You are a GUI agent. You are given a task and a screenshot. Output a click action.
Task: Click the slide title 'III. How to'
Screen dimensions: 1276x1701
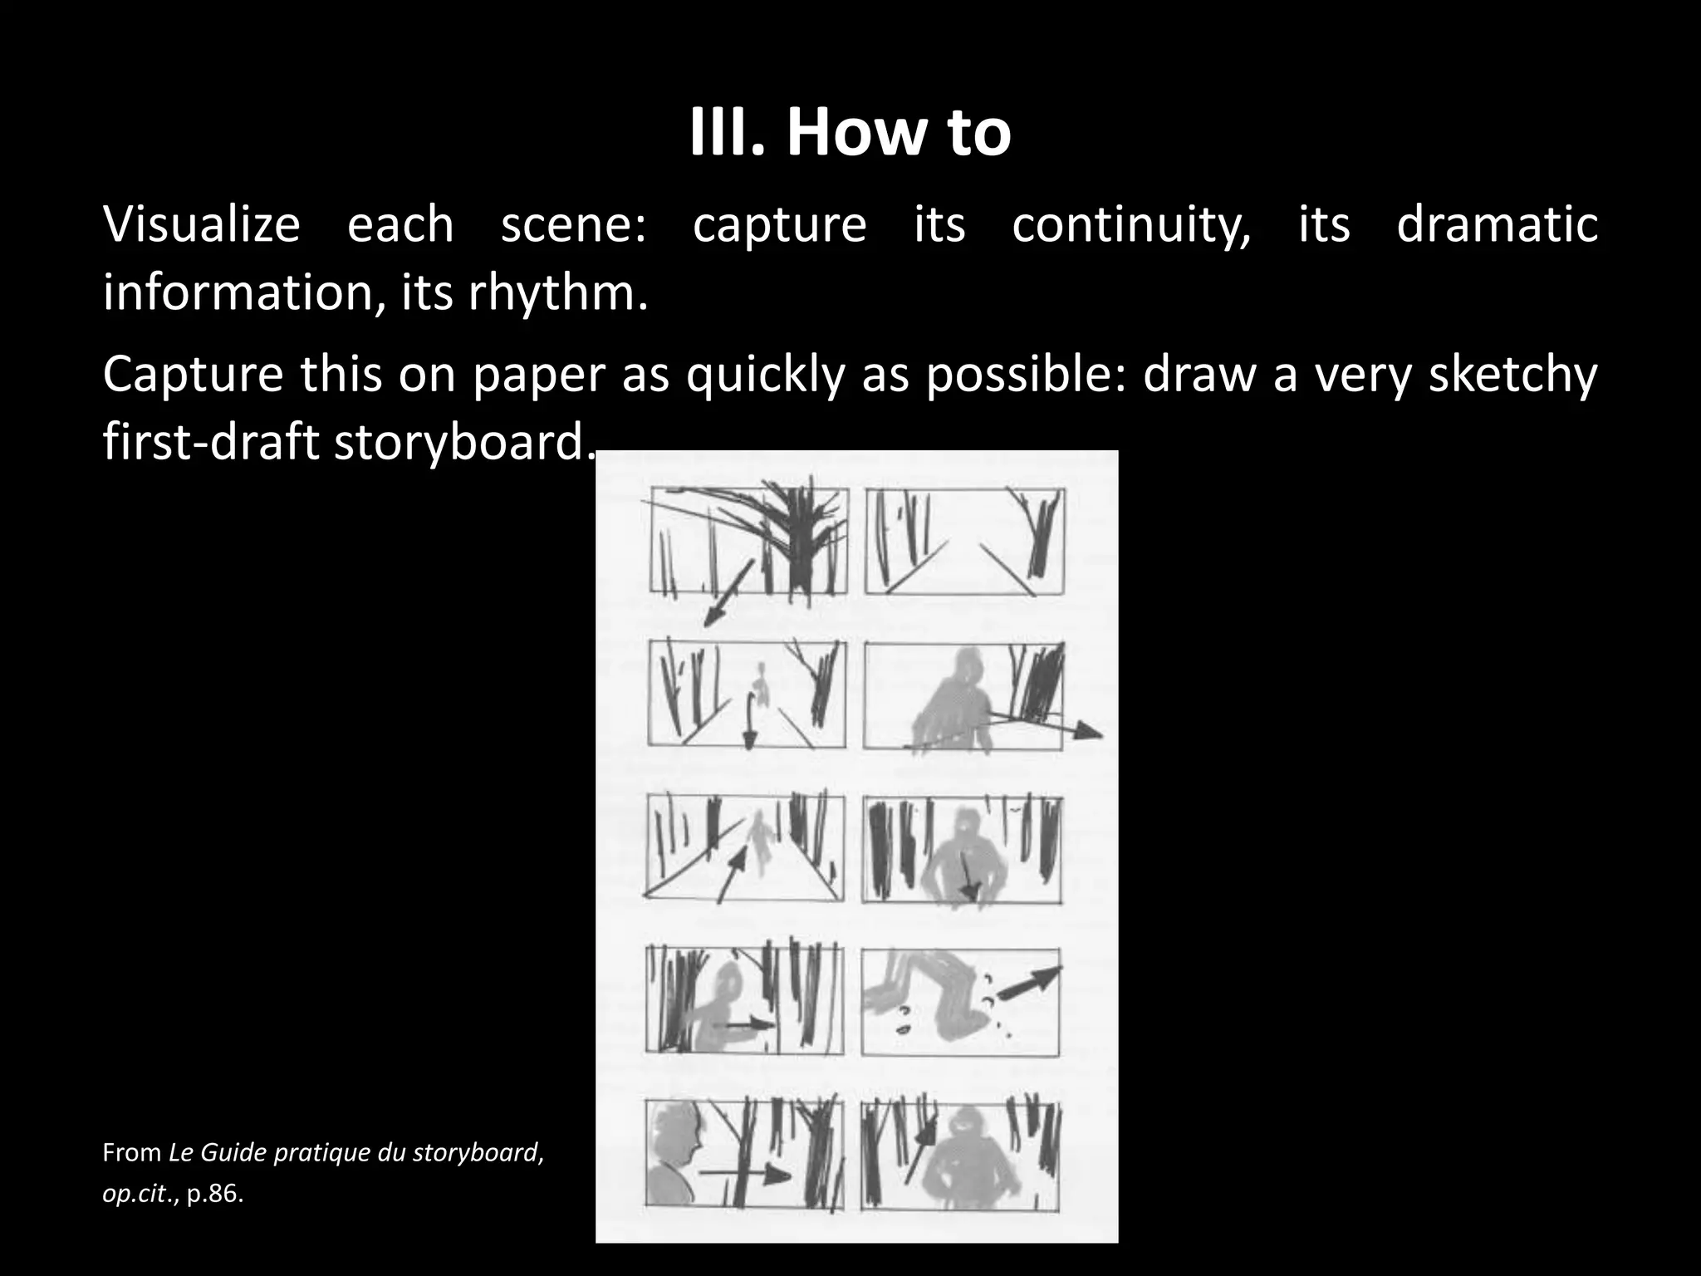pyautogui.click(x=850, y=133)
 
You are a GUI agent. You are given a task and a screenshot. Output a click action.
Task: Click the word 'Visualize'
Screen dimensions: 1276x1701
pyautogui.click(x=201, y=225)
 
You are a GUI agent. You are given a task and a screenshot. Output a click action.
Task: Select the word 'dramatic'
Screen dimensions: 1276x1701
pyautogui.click(x=1497, y=225)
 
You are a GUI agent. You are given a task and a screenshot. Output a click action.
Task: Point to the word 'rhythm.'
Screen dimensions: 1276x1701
pyautogui.click(x=557, y=293)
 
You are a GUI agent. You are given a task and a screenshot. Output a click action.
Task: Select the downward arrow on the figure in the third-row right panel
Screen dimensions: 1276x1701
pyautogui.click(x=968, y=876)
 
